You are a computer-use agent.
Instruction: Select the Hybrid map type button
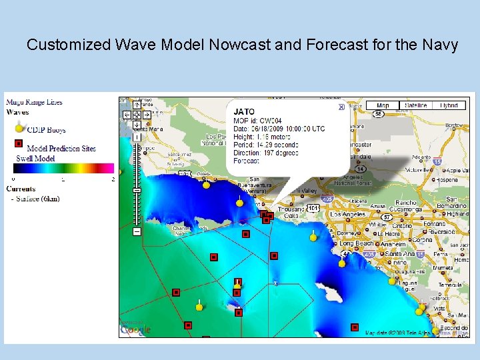(450, 105)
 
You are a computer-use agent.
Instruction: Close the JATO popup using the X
(341, 107)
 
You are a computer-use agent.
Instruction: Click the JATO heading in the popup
(244, 112)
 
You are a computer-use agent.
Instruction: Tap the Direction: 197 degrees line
(265, 153)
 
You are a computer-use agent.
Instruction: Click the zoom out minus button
(137, 231)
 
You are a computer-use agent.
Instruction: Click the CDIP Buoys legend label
(46, 130)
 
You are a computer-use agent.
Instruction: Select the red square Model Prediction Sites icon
(19, 144)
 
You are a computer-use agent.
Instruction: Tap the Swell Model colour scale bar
(63, 169)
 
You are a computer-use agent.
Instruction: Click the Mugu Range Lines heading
(34, 102)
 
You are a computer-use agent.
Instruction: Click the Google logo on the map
(135, 329)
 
